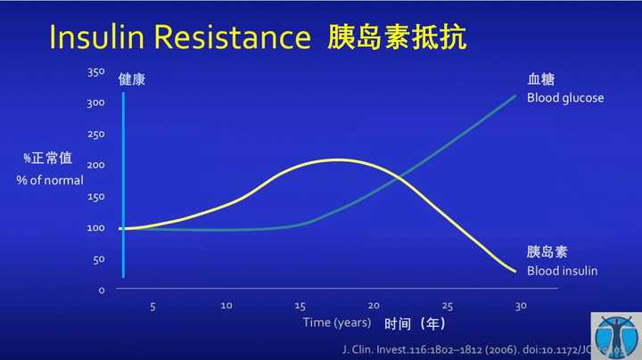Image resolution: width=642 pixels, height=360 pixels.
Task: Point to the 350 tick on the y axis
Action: point(96,71)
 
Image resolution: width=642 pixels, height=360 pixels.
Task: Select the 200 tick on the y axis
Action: point(96,165)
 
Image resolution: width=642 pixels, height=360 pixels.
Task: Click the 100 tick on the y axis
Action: point(96,227)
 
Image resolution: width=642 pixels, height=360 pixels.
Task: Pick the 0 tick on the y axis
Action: point(102,290)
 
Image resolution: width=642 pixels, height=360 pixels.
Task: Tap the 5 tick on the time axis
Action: point(152,306)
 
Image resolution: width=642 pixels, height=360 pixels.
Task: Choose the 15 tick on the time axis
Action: point(300,306)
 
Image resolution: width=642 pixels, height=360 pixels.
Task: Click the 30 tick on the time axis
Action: point(520,306)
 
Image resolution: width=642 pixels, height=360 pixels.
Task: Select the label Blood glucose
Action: point(564,98)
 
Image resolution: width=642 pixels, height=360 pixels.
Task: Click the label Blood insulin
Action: point(562,271)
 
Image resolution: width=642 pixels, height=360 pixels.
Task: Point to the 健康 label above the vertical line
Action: point(131,79)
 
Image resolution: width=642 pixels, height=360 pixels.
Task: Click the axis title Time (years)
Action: point(335,322)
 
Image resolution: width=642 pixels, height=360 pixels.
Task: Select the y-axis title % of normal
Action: point(50,179)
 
